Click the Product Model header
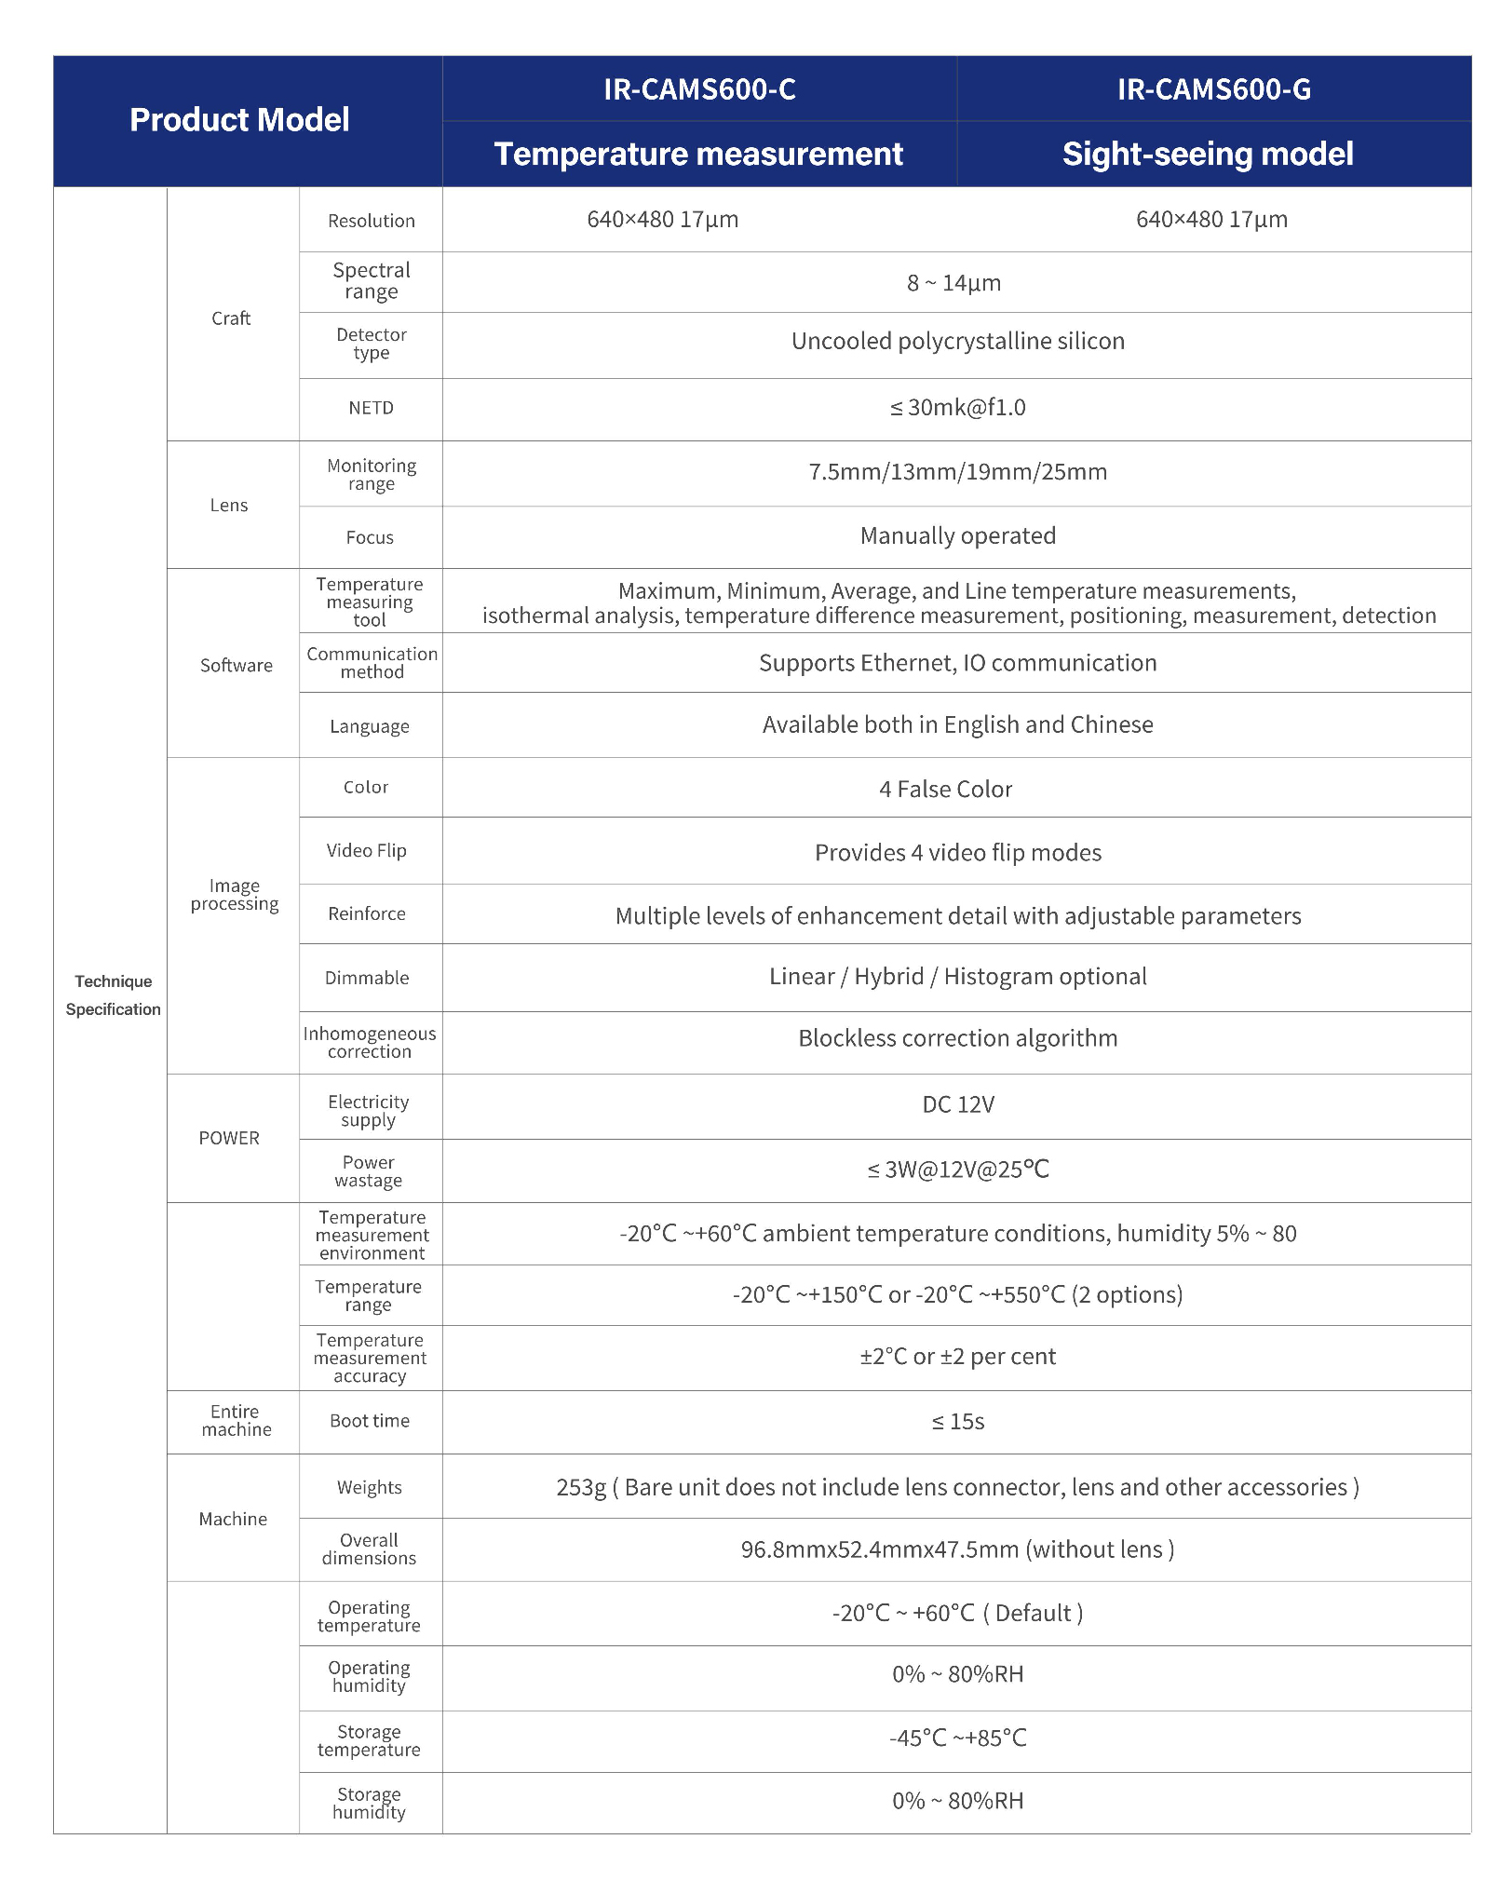tap(239, 120)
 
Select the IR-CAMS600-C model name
tap(699, 89)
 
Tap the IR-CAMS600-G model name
tap(1213, 89)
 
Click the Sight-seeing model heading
tap(1208, 154)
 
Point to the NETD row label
tap(371, 408)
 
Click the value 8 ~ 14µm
tap(953, 283)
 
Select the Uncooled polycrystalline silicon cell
tap(957, 342)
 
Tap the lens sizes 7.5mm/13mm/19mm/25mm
tap(957, 472)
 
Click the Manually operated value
tap(957, 536)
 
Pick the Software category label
tap(236, 665)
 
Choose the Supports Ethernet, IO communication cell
tap(957, 663)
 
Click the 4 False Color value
tap(945, 790)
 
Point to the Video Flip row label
tap(366, 850)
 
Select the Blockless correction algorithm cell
tap(957, 1038)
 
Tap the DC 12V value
tap(957, 1105)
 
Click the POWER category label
tap(229, 1138)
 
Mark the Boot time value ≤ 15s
tap(957, 1422)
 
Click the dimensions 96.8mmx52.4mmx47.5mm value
tap(957, 1549)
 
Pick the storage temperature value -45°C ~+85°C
tap(957, 1738)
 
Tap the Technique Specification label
tap(113, 995)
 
